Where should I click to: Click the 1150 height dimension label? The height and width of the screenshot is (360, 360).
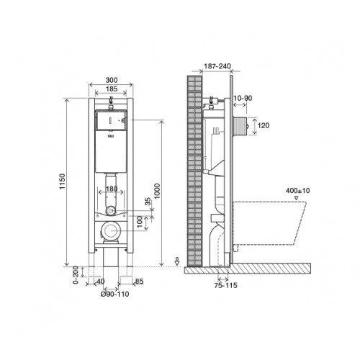63,181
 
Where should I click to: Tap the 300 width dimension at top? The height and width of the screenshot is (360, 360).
112,80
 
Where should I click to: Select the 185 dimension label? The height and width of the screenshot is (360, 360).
112,89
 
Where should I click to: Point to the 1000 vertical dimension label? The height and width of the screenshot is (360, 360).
157,191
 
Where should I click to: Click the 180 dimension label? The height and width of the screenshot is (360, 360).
112,189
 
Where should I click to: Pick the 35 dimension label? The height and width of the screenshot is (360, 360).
148,202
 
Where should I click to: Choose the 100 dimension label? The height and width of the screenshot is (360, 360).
140,222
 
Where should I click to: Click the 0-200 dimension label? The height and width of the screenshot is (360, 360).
76,275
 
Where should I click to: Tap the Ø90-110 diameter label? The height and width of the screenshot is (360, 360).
114,294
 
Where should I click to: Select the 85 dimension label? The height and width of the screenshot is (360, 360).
139,281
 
